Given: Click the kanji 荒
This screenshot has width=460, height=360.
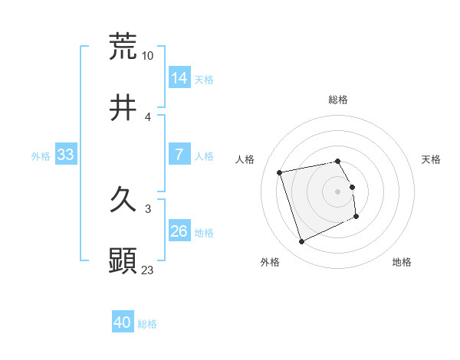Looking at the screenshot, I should coord(123,46).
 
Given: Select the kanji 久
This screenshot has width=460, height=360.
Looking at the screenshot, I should coord(123,200).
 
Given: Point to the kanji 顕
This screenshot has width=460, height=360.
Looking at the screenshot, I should coord(123,261).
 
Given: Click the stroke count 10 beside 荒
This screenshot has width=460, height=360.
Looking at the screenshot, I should coord(148,56).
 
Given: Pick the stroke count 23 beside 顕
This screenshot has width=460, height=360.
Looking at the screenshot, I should coord(148,270).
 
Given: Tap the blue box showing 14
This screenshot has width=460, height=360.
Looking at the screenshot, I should coord(179,77).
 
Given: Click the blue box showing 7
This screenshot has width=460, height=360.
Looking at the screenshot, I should coord(179,155).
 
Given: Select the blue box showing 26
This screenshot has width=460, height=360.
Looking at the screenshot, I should coord(179,231).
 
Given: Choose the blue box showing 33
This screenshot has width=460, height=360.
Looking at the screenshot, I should coord(66,155).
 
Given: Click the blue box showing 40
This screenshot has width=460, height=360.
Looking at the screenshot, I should coord(123,322).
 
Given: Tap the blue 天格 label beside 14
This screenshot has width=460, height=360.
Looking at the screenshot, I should coord(204,79).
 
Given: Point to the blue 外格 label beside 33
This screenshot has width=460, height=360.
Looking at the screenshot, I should coord(41,156).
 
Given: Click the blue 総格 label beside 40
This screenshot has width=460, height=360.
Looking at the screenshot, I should coord(147,324).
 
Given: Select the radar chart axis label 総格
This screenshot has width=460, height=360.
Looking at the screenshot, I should coord(338,100).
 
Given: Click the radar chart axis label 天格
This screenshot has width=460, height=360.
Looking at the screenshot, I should coord(432,159).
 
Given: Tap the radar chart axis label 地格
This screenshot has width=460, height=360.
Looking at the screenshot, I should coord(402,263).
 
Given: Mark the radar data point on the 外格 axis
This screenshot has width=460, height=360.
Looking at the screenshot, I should coord(301,242).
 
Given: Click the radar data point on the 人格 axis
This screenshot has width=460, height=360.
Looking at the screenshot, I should coord(280,172).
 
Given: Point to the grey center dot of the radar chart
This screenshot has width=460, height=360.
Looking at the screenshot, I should coord(338,191).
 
